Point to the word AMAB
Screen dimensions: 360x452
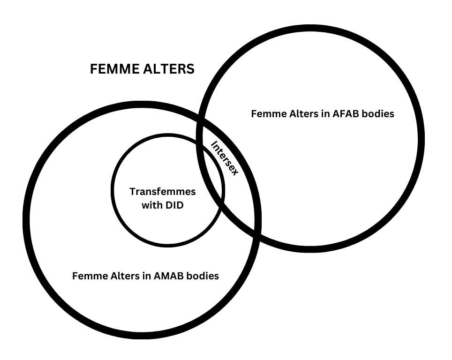point(169,276)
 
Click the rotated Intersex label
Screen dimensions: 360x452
point(225,158)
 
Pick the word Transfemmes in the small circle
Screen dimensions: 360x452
point(162,192)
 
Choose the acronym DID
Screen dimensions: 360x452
point(173,205)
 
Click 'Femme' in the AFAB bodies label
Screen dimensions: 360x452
point(266,113)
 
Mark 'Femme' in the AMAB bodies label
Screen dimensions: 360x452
point(87,276)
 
